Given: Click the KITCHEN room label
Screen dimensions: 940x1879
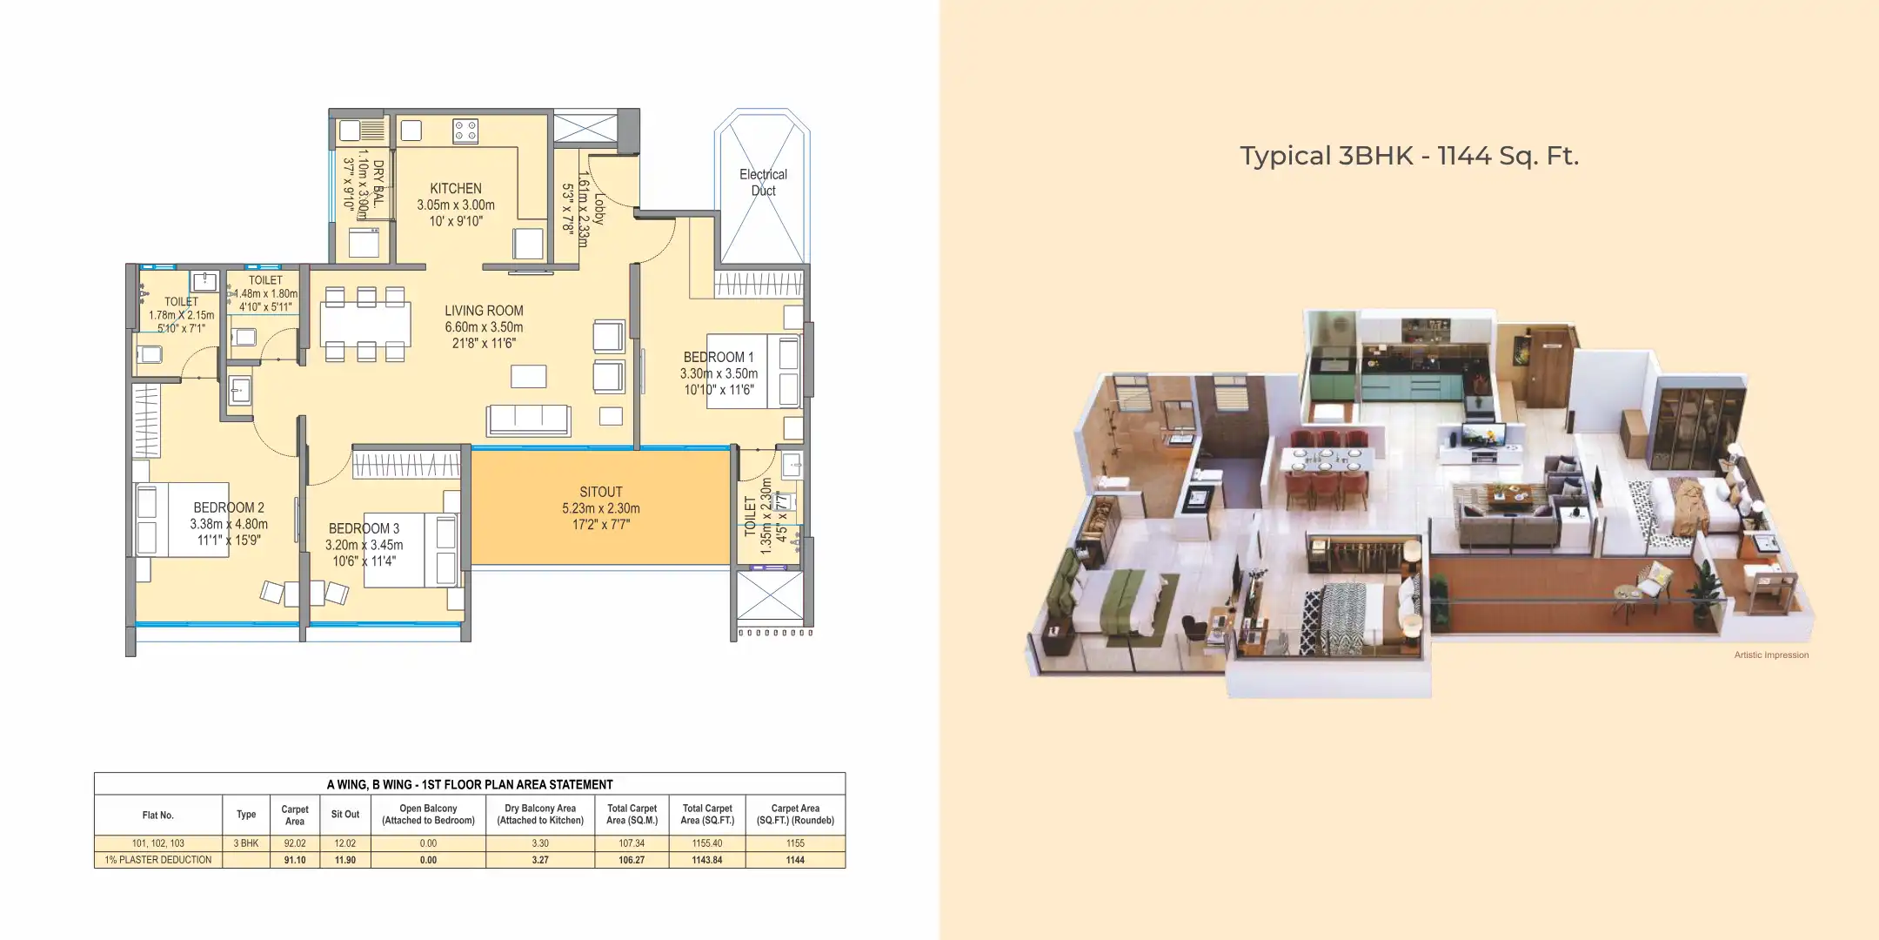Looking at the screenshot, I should coord(455,189).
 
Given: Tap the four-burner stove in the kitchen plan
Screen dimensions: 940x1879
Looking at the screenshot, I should coord(465,131).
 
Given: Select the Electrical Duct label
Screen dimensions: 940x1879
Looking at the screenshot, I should coord(763,183).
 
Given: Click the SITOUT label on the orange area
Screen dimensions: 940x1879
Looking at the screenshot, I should coord(600,492).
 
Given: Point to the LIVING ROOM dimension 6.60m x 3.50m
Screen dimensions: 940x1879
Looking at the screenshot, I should coord(484,327).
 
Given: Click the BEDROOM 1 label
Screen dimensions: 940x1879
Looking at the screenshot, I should coord(718,357).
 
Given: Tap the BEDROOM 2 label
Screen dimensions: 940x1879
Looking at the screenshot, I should coord(229,507).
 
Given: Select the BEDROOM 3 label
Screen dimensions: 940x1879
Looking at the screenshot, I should coord(364,528).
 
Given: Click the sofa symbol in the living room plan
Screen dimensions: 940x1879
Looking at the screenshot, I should coord(529,420).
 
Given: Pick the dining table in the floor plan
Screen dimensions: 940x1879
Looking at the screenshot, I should coord(365,325).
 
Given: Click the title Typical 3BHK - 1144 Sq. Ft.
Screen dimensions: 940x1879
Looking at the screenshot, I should coord(1408,156).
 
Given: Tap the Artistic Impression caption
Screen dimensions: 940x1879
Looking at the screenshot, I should coord(1770,655).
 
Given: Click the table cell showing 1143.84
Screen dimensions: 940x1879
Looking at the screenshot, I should coord(707,860).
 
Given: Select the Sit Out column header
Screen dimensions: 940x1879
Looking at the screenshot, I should coord(344,815).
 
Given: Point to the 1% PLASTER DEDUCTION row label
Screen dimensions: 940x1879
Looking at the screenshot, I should coord(158,860).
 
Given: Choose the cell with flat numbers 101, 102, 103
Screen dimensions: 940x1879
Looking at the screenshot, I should coord(158,843).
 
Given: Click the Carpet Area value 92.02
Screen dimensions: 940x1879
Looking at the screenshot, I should coord(295,843).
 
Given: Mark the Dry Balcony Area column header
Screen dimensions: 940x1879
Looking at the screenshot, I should coord(540,815).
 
